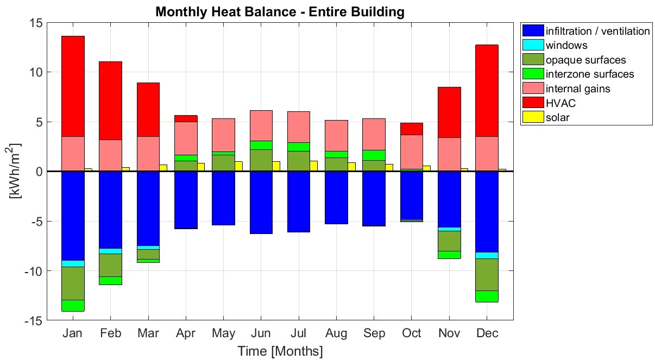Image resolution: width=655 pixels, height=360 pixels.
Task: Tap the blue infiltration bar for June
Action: pos(261,202)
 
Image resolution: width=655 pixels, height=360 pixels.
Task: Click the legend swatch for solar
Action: pos(532,117)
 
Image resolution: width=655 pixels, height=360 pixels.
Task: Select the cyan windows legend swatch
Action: pos(532,45)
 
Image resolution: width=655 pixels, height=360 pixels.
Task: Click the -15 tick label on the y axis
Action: pos(33,321)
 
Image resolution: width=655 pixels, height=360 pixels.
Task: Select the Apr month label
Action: pos(186,333)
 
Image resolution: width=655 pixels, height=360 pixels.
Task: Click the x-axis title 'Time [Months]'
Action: pos(280,351)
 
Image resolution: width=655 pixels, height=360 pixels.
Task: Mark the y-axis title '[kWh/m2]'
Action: pos(16,172)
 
